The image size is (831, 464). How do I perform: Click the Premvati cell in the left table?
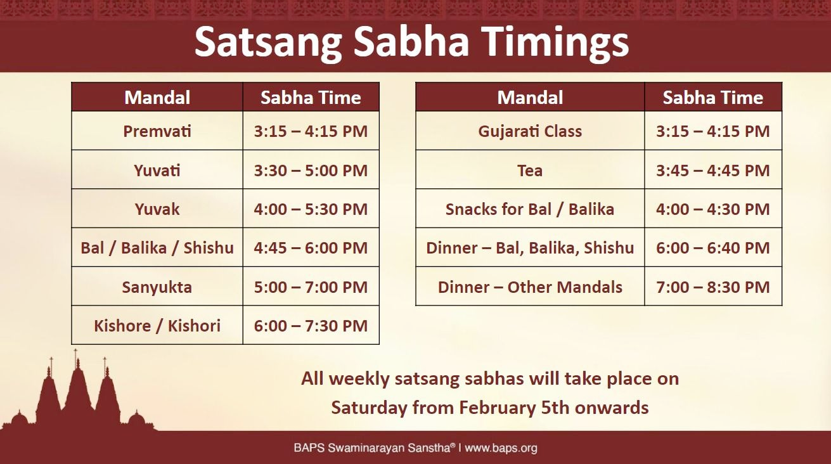tap(157, 131)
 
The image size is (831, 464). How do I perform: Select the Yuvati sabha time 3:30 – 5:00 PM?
tap(311, 171)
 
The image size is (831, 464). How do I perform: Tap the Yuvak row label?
tap(157, 209)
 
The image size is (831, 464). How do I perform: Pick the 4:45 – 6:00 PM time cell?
tap(311, 248)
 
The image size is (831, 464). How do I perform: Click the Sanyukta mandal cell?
tap(157, 287)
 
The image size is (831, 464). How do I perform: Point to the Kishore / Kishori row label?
tap(157, 326)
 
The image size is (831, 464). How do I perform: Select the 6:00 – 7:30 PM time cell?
tap(311, 326)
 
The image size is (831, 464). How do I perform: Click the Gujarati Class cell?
tap(530, 131)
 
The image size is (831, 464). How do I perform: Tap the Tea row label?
tap(530, 171)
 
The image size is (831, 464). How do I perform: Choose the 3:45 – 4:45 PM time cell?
tap(713, 171)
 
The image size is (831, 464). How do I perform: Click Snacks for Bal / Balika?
tap(530, 209)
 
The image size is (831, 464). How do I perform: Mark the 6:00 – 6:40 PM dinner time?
tap(713, 248)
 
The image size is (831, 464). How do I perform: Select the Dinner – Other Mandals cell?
tap(530, 287)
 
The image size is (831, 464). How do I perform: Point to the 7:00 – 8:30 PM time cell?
tap(713, 287)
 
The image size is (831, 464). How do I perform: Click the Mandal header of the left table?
tap(157, 98)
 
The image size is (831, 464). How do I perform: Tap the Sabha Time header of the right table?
tap(713, 98)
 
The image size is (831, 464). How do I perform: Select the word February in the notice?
tap(497, 408)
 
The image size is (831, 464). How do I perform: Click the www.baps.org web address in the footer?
tap(501, 448)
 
